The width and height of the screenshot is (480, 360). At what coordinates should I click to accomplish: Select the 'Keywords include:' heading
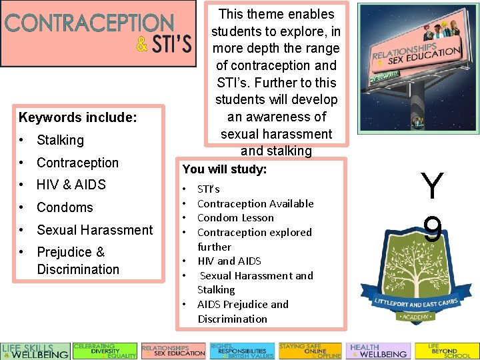[x=78, y=118]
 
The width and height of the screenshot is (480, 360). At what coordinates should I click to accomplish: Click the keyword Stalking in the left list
[x=60, y=140]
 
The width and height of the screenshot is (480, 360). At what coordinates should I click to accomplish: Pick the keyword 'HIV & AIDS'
[x=71, y=185]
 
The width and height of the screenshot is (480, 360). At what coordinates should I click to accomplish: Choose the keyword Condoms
[x=65, y=207]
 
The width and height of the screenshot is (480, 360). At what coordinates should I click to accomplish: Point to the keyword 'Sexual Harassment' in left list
[x=95, y=230]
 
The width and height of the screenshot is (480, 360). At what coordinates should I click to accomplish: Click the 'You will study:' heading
[x=225, y=169]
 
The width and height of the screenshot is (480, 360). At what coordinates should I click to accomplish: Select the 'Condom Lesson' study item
[x=235, y=218]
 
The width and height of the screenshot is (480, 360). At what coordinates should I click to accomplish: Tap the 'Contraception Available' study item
[x=255, y=203]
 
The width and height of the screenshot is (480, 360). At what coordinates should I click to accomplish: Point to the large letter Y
[x=432, y=186]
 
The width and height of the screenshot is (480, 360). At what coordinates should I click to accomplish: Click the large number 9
[x=432, y=229]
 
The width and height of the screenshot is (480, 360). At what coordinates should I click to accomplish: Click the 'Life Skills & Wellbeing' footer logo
[x=35, y=351]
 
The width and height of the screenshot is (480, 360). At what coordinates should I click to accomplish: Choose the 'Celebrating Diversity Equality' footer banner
[x=105, y=351]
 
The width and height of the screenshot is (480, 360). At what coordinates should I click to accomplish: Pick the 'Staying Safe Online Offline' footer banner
[x=310, y=351]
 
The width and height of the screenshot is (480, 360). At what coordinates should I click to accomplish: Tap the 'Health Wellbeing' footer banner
[x=378, y=351]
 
